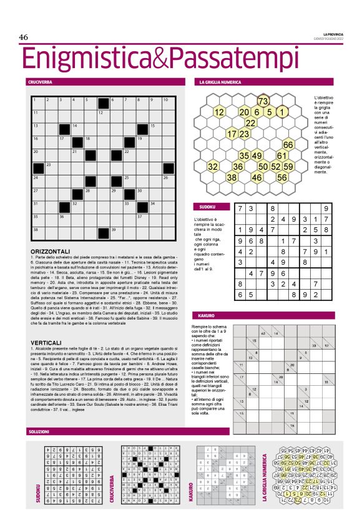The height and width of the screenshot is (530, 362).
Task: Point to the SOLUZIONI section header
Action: click(38, 431)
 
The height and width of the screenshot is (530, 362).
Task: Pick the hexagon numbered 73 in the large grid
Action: click(263, 101)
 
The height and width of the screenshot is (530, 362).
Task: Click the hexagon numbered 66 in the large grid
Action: click(288, 145)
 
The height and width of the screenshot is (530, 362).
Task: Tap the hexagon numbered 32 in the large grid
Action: click(213, 167)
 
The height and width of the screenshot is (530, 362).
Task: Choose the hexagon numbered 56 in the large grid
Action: click(282, 177)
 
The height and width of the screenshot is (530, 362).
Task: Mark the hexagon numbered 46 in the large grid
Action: click(257, 177)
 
